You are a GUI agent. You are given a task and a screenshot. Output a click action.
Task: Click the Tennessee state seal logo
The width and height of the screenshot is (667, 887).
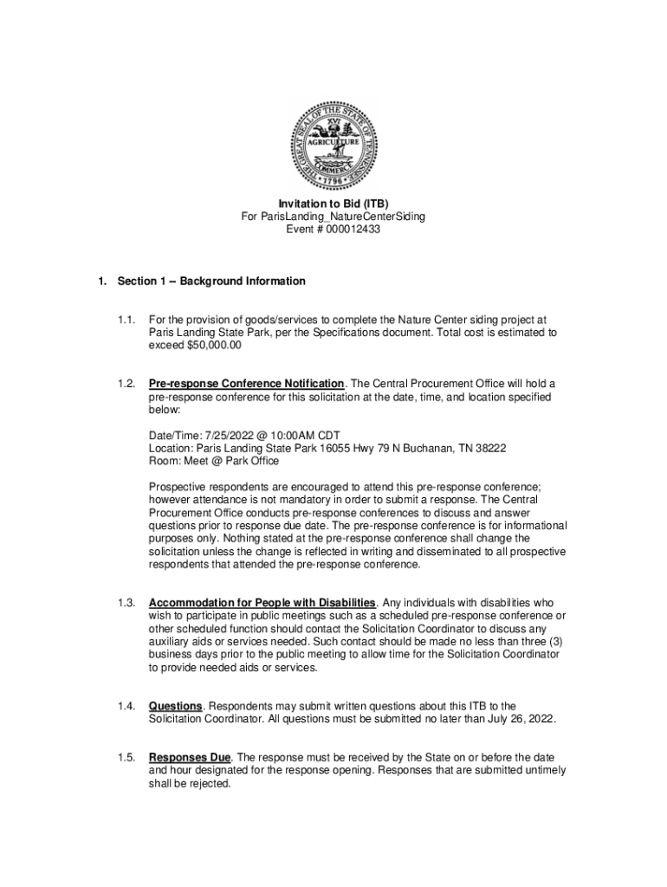[333, 144]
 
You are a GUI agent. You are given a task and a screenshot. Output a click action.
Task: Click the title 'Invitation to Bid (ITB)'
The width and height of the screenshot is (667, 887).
[333, 204]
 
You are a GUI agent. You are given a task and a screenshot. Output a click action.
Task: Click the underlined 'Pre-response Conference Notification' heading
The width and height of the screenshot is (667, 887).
[247, 384]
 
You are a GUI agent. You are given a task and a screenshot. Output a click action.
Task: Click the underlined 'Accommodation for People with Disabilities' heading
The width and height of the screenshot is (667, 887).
[262, 603]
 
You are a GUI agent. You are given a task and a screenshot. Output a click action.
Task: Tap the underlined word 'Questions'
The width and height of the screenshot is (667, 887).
[175, 707]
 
